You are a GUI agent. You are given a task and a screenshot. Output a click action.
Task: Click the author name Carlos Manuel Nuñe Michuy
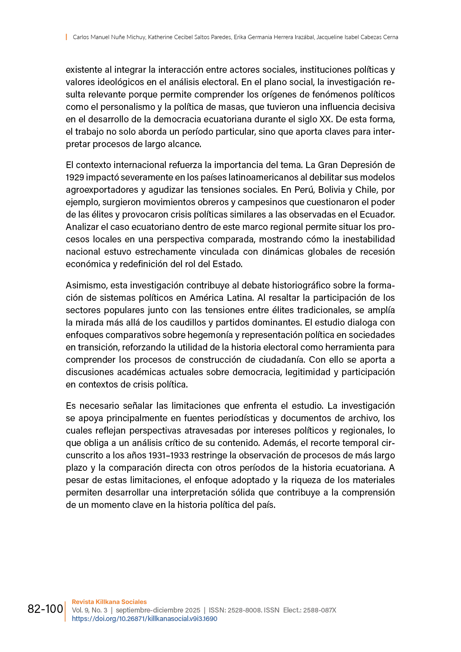109,37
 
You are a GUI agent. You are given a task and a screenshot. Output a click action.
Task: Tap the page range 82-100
45,609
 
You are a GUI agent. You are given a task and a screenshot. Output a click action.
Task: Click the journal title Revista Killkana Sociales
109,602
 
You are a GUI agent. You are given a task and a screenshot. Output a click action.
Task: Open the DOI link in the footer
144,619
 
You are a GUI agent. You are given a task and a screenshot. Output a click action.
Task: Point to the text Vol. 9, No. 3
89,610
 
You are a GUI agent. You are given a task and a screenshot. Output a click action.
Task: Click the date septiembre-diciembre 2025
158,610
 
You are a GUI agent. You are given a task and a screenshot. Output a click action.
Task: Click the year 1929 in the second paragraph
75,177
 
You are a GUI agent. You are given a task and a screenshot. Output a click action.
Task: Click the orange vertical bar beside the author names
66,37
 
